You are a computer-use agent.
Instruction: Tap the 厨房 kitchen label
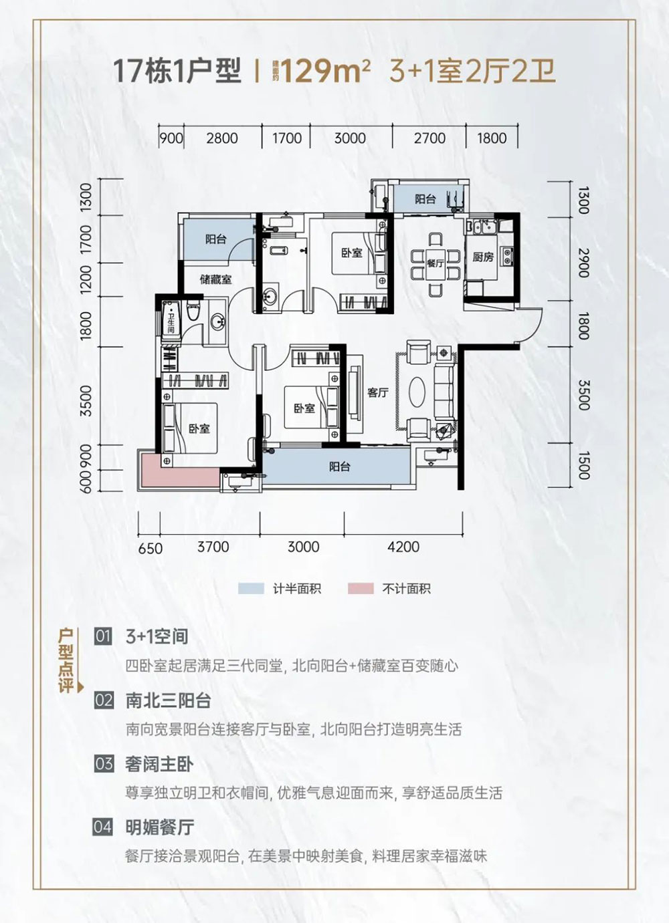(483, 257)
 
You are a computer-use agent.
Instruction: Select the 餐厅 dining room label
(436, 263)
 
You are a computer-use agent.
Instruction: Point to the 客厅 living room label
(378, 393)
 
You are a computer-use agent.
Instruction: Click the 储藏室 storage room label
(215, 279)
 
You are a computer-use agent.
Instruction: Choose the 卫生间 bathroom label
(172, 321)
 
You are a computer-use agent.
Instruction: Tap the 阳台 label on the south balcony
(340, 467)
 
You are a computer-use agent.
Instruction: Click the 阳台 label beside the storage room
(215, 239)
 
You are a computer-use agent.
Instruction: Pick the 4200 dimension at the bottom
(403, 547)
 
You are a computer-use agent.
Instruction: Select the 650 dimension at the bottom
(151, 548)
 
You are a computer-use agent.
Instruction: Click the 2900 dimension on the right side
(582, 263)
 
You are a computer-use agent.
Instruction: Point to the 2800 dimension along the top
(222, 138)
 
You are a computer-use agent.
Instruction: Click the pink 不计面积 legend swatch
(361, 588)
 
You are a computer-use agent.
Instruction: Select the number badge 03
(104, 763)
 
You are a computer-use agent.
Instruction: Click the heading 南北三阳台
(168, 700)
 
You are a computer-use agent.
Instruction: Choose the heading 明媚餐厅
(159, 827)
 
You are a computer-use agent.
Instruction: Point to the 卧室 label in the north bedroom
(351, 253)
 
